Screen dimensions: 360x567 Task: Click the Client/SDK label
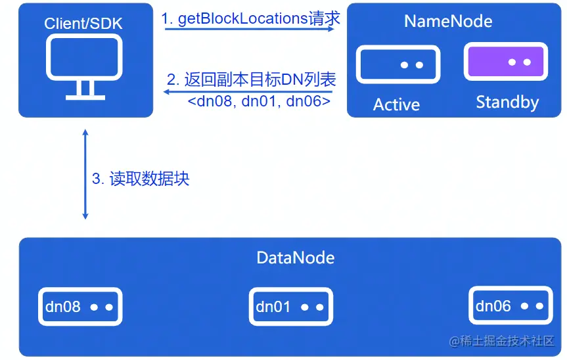83,24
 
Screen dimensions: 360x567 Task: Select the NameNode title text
448,21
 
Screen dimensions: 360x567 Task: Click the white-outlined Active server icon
397,64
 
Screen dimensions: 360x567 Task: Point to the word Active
396,104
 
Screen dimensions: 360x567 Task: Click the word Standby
507,102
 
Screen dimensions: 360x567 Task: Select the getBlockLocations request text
251,18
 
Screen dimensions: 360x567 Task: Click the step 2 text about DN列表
252,80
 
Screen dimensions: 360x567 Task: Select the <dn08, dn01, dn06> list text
259,102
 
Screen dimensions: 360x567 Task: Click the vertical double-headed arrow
85,174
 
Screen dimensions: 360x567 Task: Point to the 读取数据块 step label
141,178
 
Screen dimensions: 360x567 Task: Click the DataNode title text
295,258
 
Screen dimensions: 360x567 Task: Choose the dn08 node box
79,306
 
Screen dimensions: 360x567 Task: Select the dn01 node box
290,306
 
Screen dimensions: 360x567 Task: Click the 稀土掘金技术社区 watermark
502,341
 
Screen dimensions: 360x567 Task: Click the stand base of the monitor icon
85,97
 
